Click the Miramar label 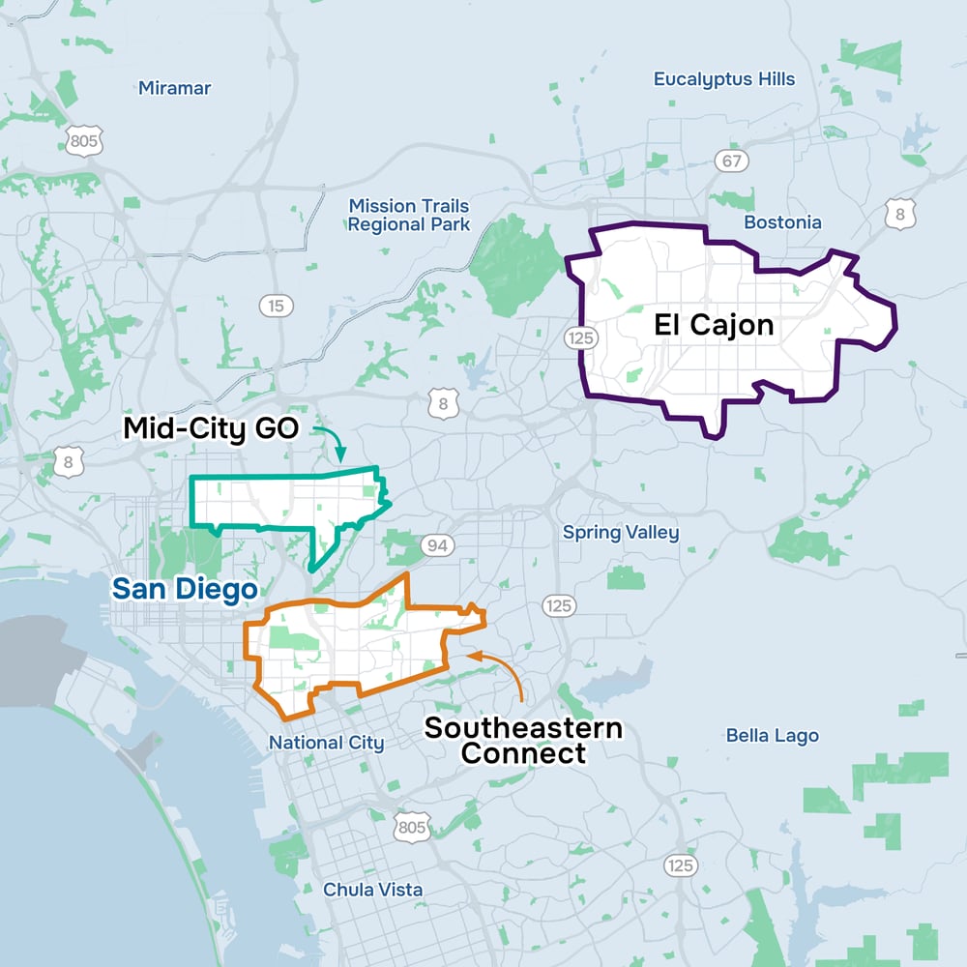[x=174, y=88]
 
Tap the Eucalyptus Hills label [x=724, y=79]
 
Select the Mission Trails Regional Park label [x=409, y=215]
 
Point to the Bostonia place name [x=782, y=222]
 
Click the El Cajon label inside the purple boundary [x=714, y=325]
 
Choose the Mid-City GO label [x=213, y=428]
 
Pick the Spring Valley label [x=621, y=533]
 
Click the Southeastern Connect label [x=523, y=740]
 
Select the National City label [x=326, y=743]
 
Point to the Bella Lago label [x=772, y=736]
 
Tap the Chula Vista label [x=372, y=890]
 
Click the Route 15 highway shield [x=277, y=307]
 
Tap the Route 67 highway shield [x=732, y=161]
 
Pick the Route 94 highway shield [x=437, y=546]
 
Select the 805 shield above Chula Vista [x=411, y=827]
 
